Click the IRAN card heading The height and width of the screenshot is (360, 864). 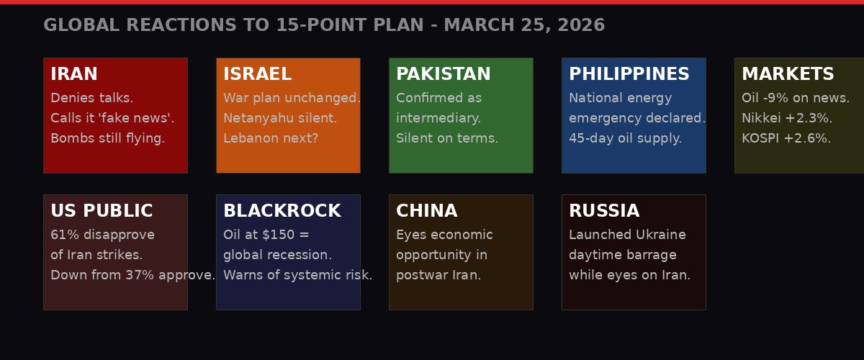coord(74,75)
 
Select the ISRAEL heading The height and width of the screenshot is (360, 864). coord(257,75)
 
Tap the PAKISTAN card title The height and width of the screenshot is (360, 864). coord(444,75)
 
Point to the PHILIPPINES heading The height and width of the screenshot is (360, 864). coord(629,75)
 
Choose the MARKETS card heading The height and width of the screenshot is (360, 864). coord(788,75)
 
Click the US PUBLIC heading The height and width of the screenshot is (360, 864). coord(102,212)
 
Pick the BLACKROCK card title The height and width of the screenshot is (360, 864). coord(282,212)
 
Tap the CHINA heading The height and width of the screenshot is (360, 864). coord(426,212)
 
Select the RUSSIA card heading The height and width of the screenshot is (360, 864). coord(604,212)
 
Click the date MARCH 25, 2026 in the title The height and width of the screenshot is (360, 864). coord(526,26)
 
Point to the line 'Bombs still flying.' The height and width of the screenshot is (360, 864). coord(108,139)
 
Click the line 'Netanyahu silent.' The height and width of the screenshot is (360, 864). coord(280,119)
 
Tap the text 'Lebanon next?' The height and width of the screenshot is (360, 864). coord(271,139)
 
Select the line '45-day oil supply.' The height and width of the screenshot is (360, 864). coord(625,139)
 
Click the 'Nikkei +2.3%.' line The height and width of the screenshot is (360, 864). coord(787,119)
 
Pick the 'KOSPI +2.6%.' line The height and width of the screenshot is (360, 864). coord(786,139)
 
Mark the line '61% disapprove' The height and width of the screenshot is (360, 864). coord(102,235)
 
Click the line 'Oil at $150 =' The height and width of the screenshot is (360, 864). coord(266,235)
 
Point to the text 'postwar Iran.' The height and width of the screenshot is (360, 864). coord(438,276)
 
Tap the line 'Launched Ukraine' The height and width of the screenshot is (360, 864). coord(627,235)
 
